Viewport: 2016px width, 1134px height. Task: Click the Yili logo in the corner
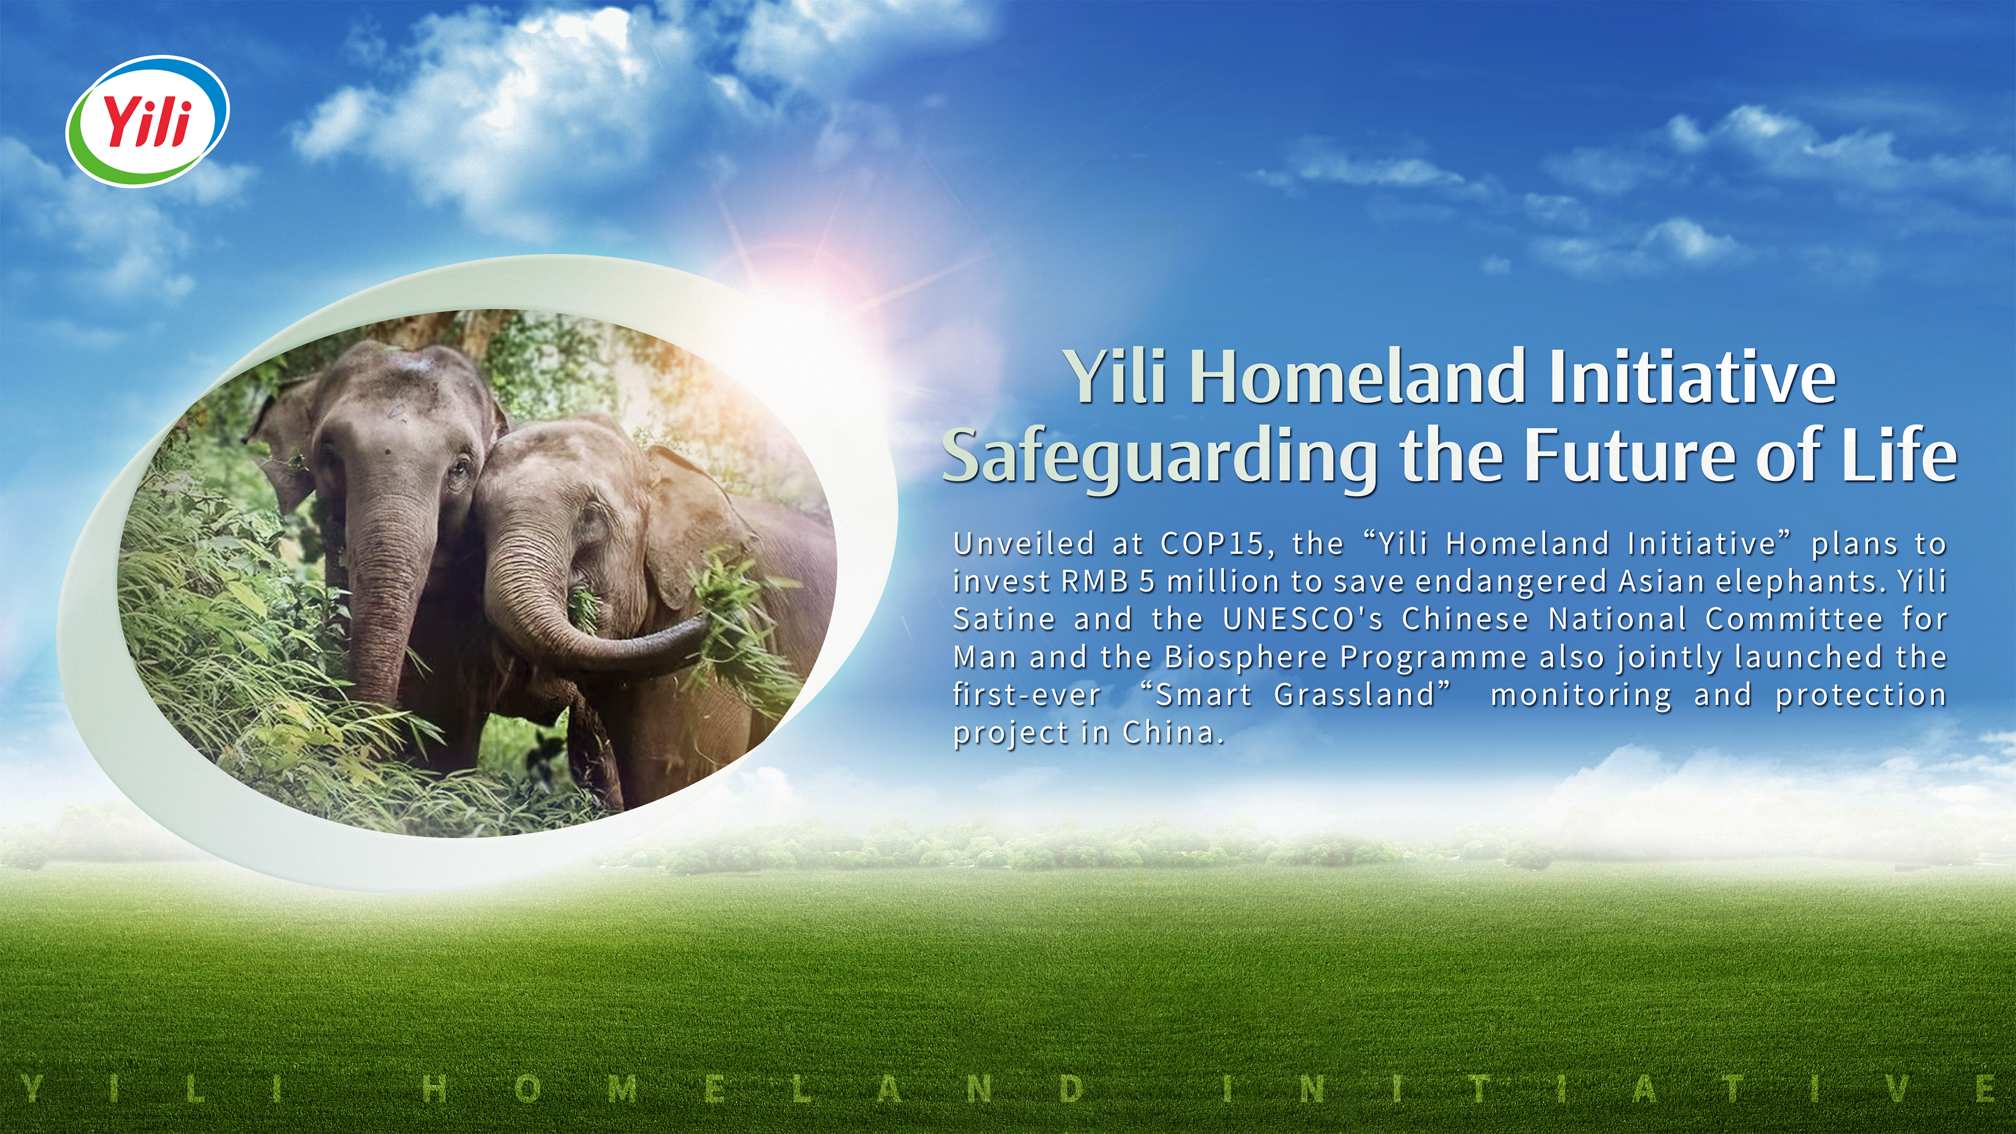[x=147, y=121]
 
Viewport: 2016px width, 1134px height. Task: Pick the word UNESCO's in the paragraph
[x=1302, y=620]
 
